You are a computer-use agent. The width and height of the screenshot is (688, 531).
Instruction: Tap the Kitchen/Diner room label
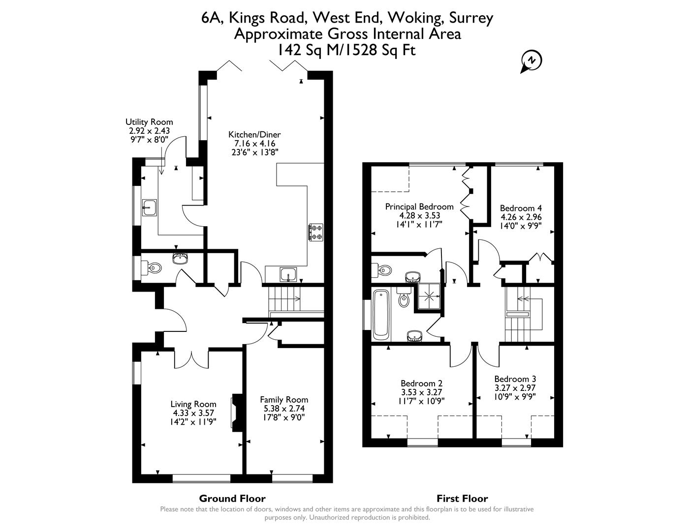[254, 135]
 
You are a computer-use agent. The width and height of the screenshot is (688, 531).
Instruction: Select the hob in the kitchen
[316, 233]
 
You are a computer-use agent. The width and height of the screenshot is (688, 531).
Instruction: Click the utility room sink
[150, 208]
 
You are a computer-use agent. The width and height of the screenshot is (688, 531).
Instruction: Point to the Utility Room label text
[149, 122]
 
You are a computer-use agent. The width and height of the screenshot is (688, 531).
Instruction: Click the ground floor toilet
[153, 268]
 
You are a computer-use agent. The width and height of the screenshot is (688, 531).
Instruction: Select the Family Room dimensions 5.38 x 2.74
[284, 409]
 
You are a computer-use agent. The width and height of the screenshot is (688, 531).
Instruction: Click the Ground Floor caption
[232, 499]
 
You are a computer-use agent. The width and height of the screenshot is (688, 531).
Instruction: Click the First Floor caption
[462, 499]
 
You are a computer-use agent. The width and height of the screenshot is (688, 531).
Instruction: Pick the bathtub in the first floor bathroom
[381, 315]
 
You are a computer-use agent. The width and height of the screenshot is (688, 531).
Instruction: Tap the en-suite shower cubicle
[430, 296]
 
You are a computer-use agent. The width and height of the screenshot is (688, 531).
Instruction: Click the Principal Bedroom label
[419, 206]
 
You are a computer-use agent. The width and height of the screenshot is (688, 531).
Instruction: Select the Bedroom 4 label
[521, 208]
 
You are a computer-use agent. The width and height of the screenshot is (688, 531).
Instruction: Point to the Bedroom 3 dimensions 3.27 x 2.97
[515, 388]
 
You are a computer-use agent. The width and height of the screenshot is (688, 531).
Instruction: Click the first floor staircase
[523, 315]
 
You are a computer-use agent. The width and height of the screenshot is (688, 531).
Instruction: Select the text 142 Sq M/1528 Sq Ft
[347, 50]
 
